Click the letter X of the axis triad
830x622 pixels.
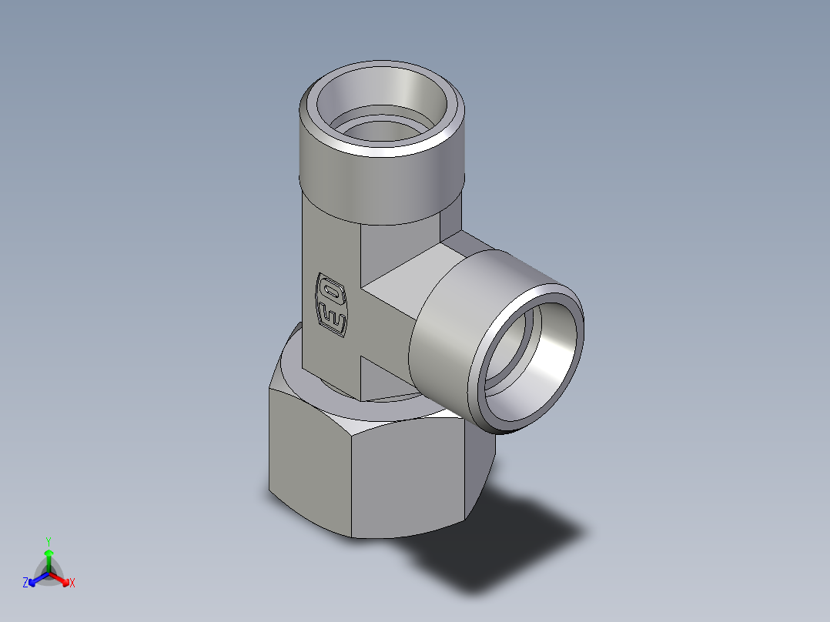(72, 584)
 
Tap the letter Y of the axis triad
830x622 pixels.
(48, 541)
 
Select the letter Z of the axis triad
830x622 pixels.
(25, 584)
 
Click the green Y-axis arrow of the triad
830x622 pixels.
(48, 557)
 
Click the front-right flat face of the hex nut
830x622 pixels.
(408, 477)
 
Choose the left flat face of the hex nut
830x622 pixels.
(308, 454)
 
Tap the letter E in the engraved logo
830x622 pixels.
(333, 317)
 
